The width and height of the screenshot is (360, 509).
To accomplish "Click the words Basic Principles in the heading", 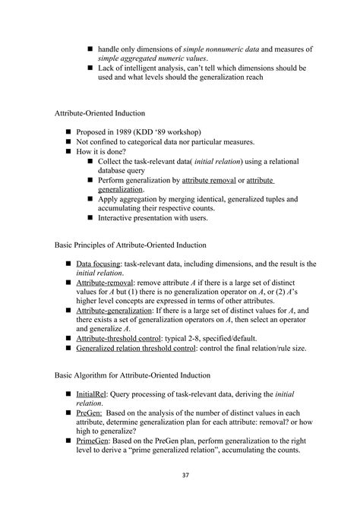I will point(80,245).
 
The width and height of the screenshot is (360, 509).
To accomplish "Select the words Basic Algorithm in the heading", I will point(81,375).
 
